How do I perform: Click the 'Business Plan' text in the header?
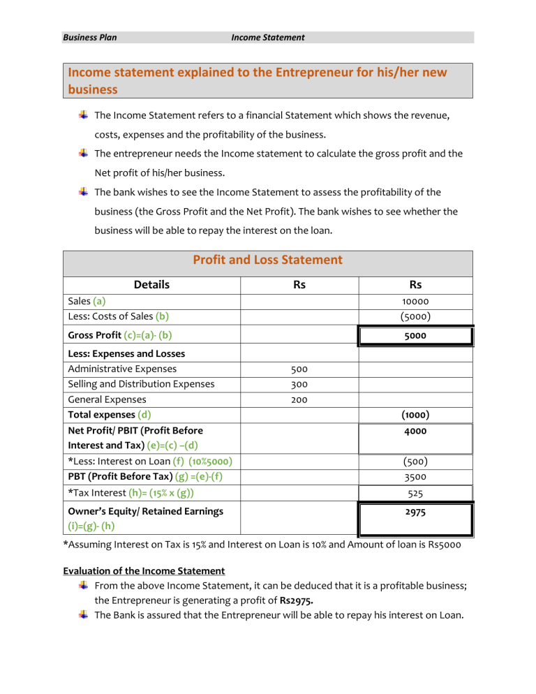pos(89,37)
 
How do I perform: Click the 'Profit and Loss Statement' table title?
pos(267,260)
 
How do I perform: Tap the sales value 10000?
pos(415,302)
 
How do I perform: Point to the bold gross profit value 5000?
pos(415,336)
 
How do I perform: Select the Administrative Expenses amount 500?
pos(299,369)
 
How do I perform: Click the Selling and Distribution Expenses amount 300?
pos(299,384)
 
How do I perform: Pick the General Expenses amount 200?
pos(299,399)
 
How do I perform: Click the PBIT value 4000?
pos(415,431)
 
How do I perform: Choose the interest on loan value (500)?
pos(415,462)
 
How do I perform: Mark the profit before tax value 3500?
pos(415,476)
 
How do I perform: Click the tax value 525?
pos(415,493)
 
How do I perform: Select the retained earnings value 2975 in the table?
pos(415,512)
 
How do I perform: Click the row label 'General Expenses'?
pos(107,399)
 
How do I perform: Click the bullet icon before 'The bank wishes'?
pos(82,191)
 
